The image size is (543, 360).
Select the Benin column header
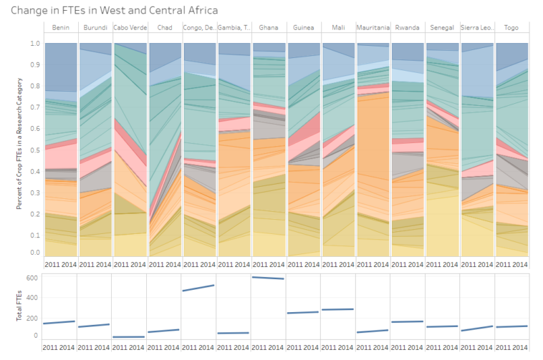[x=60, y=28]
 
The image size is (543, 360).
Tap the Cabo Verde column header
[x=129, y=28]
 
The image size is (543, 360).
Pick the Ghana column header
[x=269, y=28]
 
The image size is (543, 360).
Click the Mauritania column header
[x=373, y=28]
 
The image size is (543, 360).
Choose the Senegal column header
[x=442, y=28]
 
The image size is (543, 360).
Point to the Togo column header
[x=511, y=28]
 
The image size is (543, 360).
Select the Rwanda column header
[x=408, y=28]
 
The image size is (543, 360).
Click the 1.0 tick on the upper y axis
[x=35, y=44]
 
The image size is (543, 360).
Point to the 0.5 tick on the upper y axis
[x=35, y=148]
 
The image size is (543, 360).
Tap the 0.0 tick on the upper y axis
[x=35, y=253]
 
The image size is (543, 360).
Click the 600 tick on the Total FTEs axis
[x=33, y=277]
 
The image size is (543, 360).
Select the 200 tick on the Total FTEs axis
[x=33, y=316]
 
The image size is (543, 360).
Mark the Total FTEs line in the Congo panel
[x=199, y=288]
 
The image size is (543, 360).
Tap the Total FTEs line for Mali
[x=338, y=309]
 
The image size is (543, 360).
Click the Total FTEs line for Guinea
[x=303, y=312]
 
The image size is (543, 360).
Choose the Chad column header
[x=164, y=28]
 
